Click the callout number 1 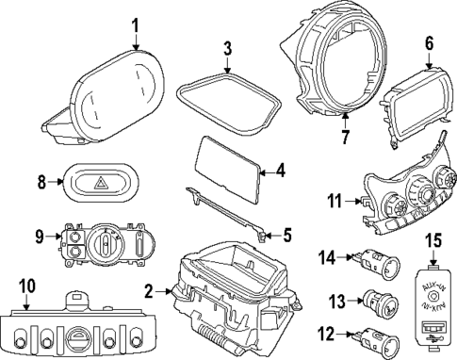point(135,24)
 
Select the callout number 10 point(25,284)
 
